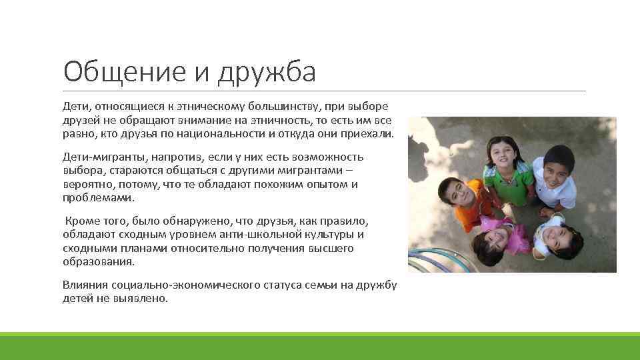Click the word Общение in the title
pos(113,71)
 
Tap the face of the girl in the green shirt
pos(500,156)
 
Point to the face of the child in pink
pos(493,236)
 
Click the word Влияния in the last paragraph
pos(85,285)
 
